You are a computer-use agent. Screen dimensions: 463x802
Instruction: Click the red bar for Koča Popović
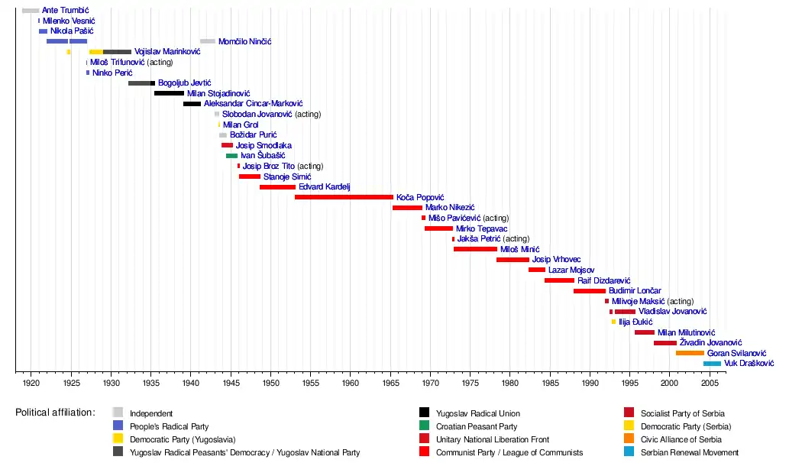pyautogui.click(x=344, y=197)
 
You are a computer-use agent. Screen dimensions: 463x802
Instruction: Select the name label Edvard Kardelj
pyautogui.click(x=324, y=187)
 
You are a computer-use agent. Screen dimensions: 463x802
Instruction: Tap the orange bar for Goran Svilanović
pyautogui.click(x=690, y=353)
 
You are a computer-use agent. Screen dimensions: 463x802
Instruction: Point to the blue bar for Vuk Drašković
pyautogui.click(x=712, y=364)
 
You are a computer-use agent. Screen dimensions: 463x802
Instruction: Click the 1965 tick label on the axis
pyautogui.click(x=390, y=382)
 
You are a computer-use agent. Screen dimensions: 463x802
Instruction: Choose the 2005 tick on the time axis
pyautogui.click(x=710, y=382)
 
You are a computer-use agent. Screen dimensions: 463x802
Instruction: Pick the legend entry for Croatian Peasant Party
pyautogui.click(x=476, y=426)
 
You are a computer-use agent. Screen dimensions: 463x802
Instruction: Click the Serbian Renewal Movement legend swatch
pyautogui.click(x=629, y=452)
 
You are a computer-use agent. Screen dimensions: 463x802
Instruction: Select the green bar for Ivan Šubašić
pyautogui.click(x=231, y=156)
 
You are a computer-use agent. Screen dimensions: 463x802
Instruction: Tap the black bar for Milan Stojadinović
pyautogui.click(x=169, y=93)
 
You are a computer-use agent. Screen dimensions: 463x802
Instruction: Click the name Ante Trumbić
pyautogui.click(x=66, y=11)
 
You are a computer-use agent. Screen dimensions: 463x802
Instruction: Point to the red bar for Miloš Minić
pyautogui.click(x=475, y=249)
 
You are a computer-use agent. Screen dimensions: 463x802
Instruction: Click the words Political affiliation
pyautogui.click(x=55, y=413)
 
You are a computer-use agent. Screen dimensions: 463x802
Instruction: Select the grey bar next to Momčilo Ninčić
pyautogui.click(x=208, y=41)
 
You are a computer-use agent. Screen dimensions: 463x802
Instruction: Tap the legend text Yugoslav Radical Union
pyautogui.click(x=477, y=413)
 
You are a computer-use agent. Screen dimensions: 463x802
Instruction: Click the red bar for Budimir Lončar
pyautogui.click(x=590, y=291)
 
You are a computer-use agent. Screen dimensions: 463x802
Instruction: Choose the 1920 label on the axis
pyautogui.click(x=31, y=382)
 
